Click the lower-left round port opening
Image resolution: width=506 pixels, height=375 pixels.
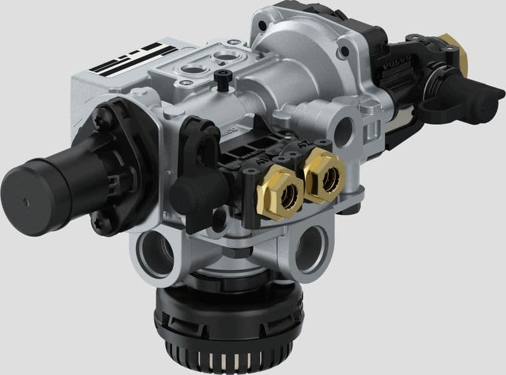point(154,253)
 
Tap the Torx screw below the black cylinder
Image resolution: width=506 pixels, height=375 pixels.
point(100,222)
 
